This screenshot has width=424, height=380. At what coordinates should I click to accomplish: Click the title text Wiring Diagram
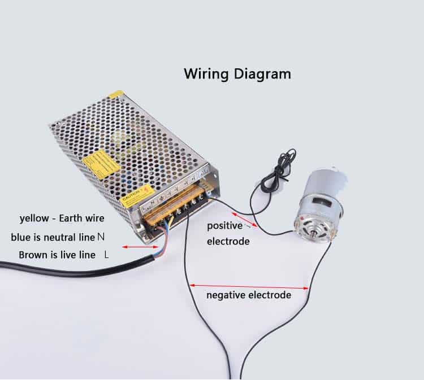click(237, 73)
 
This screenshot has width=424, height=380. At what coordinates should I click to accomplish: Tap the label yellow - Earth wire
click(62, 217)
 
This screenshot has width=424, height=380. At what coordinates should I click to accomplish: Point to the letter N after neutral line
click(101, 236)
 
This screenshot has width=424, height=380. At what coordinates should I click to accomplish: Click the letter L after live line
click(106, 255)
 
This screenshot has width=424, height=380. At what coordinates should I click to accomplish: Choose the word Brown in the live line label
click(32, 255)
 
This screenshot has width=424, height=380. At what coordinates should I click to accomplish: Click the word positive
click(224, 226)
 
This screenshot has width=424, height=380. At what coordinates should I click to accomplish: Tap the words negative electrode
click(249, 295)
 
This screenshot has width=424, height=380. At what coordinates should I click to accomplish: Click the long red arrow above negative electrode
click(249, 286)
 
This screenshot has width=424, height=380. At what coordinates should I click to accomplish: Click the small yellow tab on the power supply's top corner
click(116, 94)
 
